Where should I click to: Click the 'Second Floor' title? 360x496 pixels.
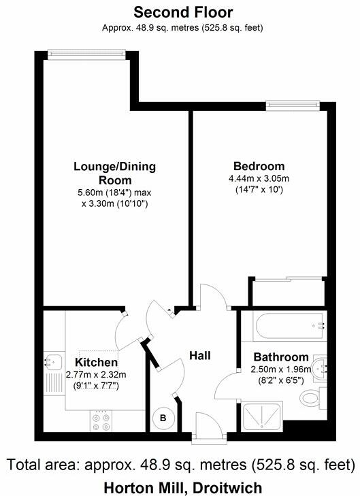(182, 12)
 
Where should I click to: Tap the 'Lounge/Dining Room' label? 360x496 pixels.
(114, 173)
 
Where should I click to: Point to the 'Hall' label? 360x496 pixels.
(200, 355)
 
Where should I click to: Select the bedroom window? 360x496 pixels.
(293, 105)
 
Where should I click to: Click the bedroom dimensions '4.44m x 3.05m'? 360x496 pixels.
(259, 178)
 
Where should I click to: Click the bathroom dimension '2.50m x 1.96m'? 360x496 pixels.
(281, 369)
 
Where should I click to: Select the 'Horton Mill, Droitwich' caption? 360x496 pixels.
(182, 487)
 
